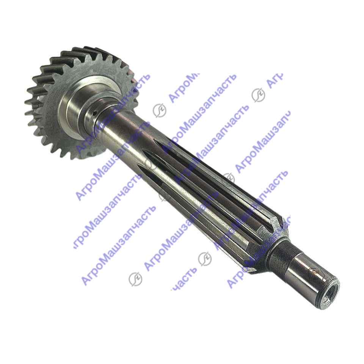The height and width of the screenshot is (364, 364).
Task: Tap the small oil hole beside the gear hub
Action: pos(94,113)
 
